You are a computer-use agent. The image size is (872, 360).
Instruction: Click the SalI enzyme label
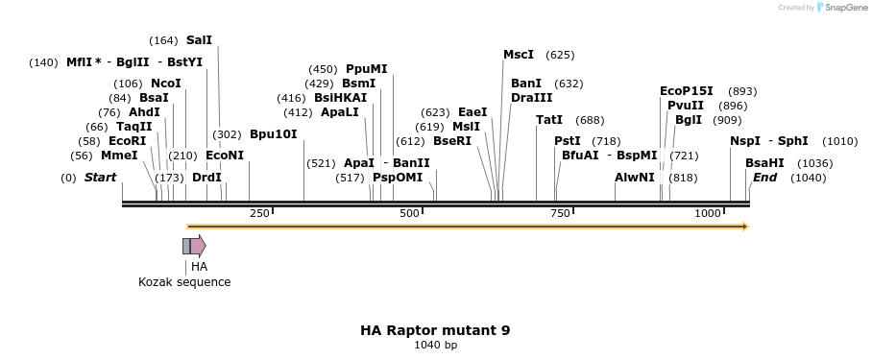199,40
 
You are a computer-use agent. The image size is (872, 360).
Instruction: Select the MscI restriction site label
519,55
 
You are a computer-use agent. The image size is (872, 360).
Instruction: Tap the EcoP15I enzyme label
686,91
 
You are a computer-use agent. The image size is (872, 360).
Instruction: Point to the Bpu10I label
273,134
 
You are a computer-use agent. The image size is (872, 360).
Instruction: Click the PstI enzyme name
568,141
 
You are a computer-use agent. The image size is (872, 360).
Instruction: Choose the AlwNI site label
634,178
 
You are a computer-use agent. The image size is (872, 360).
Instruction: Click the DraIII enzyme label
531,98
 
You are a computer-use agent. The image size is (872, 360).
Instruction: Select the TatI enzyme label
549,120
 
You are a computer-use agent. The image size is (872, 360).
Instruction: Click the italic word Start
100,178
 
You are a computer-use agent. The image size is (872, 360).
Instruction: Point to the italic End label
764,178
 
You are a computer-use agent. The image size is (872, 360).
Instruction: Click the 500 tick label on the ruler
410,213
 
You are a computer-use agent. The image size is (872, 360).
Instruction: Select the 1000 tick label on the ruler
708,213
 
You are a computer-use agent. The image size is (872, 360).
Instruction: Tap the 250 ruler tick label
259,213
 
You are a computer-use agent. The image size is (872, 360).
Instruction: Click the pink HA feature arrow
198,246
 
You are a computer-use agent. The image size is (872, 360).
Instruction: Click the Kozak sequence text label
184,282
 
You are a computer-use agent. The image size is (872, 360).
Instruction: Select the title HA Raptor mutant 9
435,330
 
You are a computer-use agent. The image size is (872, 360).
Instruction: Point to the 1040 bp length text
435,346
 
